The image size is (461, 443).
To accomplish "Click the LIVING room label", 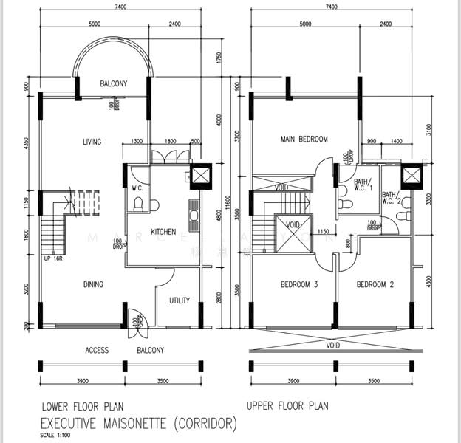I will (92, 142).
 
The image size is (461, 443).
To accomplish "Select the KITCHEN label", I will (163, 232).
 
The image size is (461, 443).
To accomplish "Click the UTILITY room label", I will (180, 301).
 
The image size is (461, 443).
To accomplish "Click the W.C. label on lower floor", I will (137, 188).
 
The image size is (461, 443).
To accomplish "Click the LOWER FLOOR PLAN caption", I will (83, 406).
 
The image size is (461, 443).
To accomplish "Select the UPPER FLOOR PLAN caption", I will (287, 406).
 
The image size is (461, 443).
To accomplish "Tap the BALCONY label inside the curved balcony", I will (113, 84).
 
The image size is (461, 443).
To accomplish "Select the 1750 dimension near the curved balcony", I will (219, 56).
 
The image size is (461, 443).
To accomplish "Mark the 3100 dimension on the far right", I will (430, 131).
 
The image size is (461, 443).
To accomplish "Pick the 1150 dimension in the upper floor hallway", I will (323, 233).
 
